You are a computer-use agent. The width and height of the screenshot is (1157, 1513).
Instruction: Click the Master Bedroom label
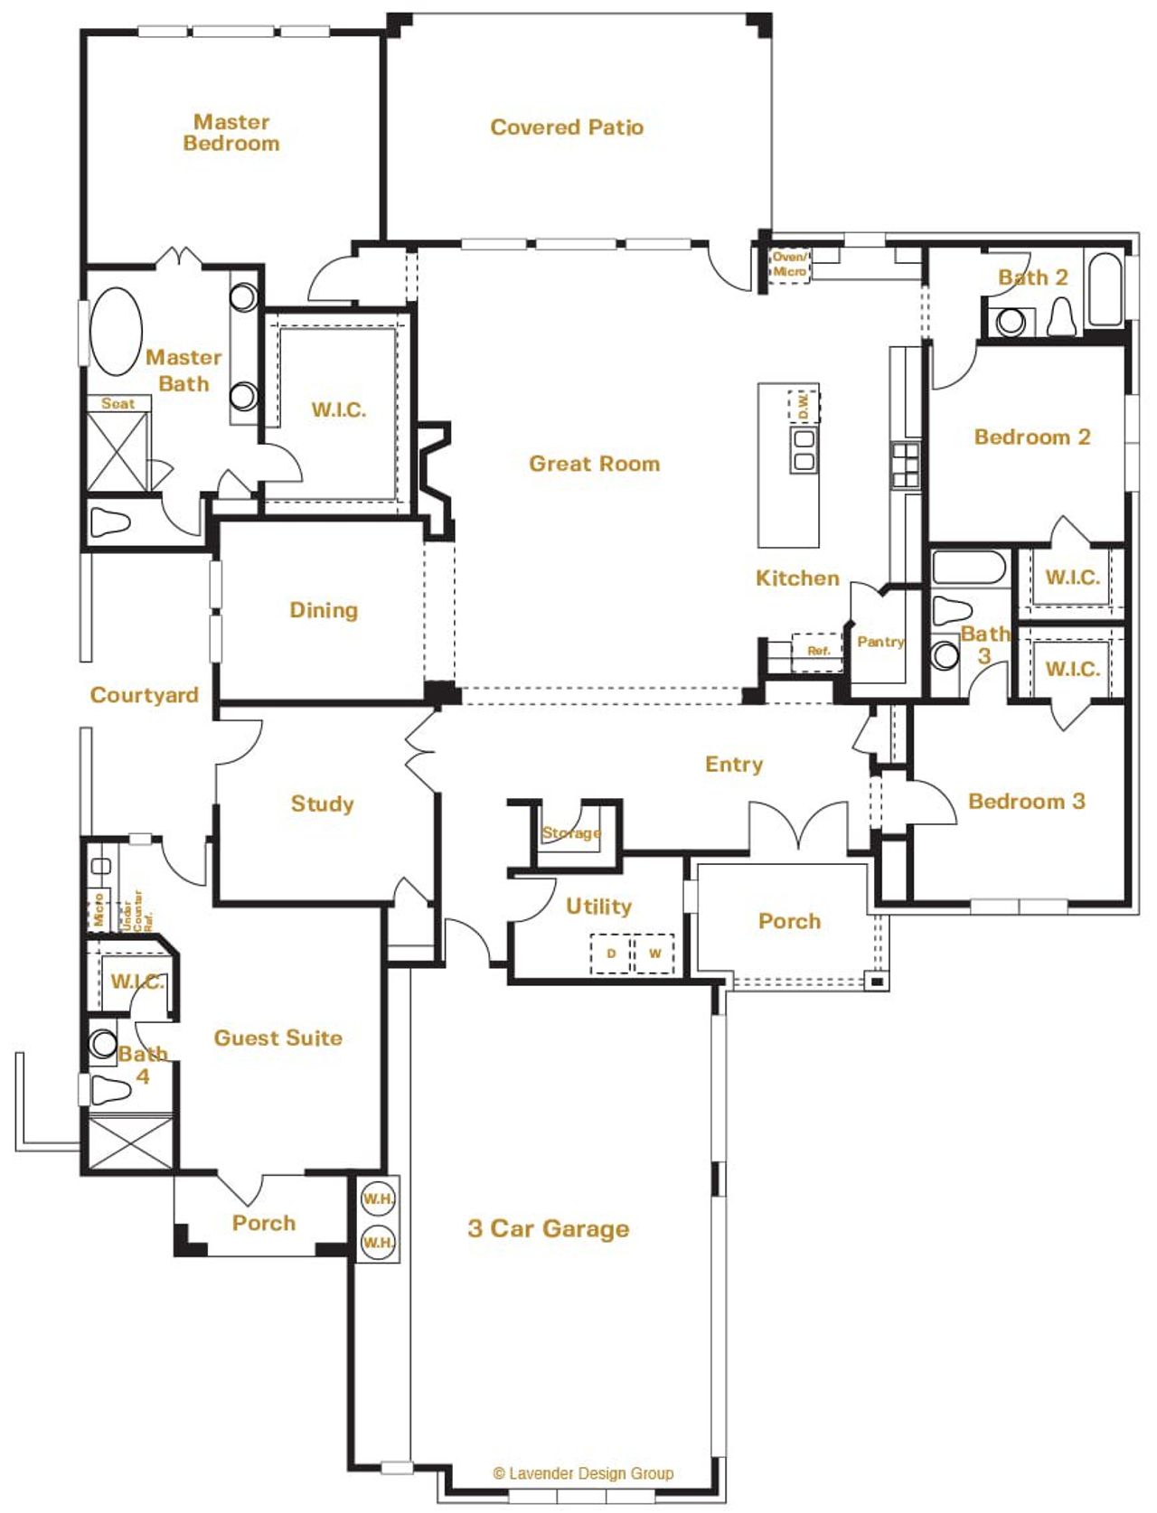pyautogui.click(x=231, y=132)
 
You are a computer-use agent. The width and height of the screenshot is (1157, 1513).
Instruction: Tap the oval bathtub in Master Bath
pyautogui.click(x=116, y=331)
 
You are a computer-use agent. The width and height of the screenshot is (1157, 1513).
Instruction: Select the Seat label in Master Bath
pyautogui.click(x=118, y=404)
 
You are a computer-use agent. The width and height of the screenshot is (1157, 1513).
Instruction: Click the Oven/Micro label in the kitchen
pyautogui.click(x=789, y=264)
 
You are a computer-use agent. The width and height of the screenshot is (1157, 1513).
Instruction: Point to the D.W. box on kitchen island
pyautogui.click(x=803, y=405)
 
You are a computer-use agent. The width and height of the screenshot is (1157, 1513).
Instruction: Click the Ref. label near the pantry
pyautogui.click(x=818, y=651)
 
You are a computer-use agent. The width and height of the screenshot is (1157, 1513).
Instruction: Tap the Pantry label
pyautogui.click(x=880, y=642)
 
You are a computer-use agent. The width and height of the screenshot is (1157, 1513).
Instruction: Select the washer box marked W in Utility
pyautogui.click(x=654, y=954)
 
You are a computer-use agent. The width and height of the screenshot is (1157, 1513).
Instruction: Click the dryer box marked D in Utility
pyautogui.click(x=611, y=954)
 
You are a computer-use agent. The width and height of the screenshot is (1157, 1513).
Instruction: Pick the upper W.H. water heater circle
pyautogui.click(x=378, y=1199)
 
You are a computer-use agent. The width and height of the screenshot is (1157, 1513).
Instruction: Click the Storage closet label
pyautogui.click(x=571, y=832)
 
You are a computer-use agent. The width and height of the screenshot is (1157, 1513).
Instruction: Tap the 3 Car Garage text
pyautogui.click(x=549, y=1228)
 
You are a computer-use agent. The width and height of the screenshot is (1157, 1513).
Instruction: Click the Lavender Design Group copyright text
pyautogui.click(x=583, y=1473)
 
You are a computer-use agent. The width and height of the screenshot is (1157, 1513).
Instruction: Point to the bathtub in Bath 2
pyautogui.click(x=1105, y=290)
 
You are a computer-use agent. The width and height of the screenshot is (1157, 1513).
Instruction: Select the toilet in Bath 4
pyautogui.click(x=110, y=1090)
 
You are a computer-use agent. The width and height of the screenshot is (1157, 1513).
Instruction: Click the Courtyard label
pyautogui.click(x=145, y=695)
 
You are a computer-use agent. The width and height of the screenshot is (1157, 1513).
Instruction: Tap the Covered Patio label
pyautogui.click(x=567, y=127)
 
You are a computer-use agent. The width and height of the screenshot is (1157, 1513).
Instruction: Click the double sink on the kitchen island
pyautogui.click(x=803, y=450)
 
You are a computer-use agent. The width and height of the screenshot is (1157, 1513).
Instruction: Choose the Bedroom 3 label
pyautogui.click(x=1026, y=801)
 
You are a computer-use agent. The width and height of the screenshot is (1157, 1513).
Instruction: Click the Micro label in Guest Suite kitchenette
pyautogui.click(x=99, y=909)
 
